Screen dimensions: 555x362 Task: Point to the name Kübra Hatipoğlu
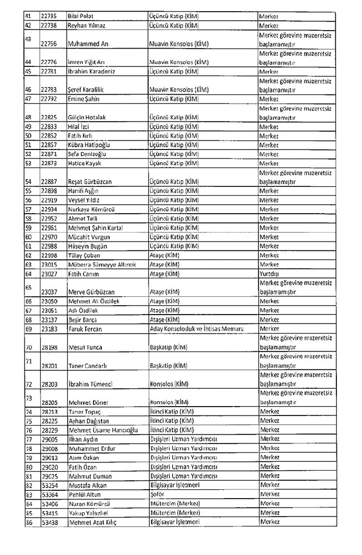pyautogui.click(x=89, y=144)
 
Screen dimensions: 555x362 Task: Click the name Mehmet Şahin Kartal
pyautogui.click(x=95, y=228)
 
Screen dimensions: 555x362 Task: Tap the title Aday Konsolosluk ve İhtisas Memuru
pyautogui.click(x=201, y=329)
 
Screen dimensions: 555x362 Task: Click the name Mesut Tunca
pyautogui.click(x=84, y=347)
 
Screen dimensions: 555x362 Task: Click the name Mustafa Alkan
pyautogui.click(x=86, y=485)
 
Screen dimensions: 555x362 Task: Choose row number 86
pyautogui.click(x=28, y=522)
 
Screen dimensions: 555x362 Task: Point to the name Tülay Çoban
pyautogui.click(x=84, y=255)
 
